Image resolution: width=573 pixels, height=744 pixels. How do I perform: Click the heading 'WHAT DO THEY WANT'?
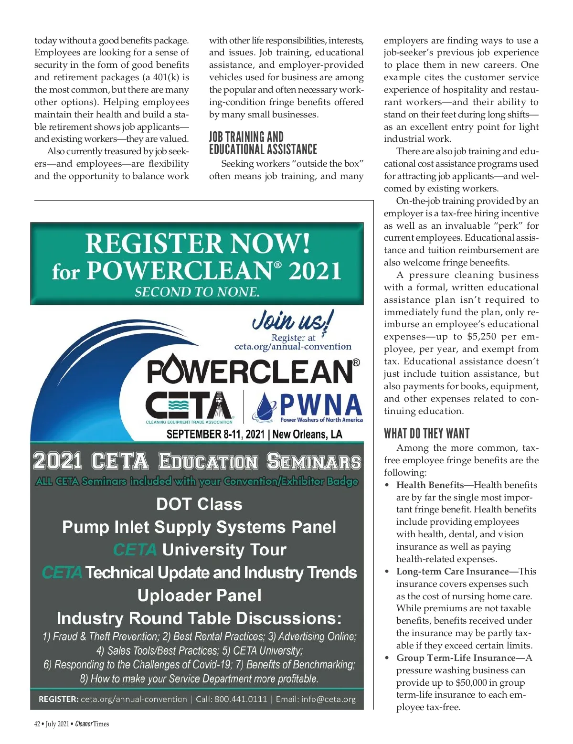(x=426, y=434)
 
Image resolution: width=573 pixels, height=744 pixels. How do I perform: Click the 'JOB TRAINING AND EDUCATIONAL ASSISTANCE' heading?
(x=263, y=143)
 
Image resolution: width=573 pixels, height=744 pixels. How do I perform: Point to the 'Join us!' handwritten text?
(x=293, y=320)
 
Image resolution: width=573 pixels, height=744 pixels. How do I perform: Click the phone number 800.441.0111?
(x=241, y=699)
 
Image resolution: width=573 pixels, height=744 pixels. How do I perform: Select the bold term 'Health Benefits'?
(x=430, y=485)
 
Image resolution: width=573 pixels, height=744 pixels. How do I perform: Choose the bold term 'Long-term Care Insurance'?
(x=452, y=571)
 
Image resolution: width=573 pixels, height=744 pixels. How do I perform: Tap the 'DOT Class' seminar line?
(x=199, y=504)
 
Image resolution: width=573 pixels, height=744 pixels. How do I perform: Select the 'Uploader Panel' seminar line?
(x=199, y=595)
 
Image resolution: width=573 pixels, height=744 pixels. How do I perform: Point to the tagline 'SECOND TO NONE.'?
(x=197, y=292)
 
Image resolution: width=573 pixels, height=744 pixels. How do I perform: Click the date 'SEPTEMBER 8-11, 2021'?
(x=215, y=434)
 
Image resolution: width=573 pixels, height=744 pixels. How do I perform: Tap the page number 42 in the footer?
(x=37, y=724)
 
